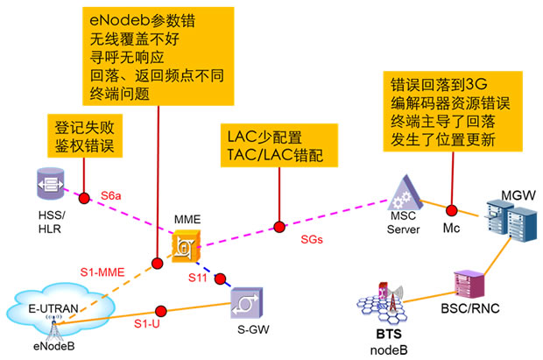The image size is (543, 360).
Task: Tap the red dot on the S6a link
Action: pos(84,198)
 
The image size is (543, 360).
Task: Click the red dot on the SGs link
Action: pos(279,227)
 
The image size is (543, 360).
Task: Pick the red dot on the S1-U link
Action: pos(160,309)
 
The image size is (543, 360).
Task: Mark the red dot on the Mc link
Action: pos(452,211)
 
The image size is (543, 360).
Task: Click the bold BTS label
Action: pos(384,335)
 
